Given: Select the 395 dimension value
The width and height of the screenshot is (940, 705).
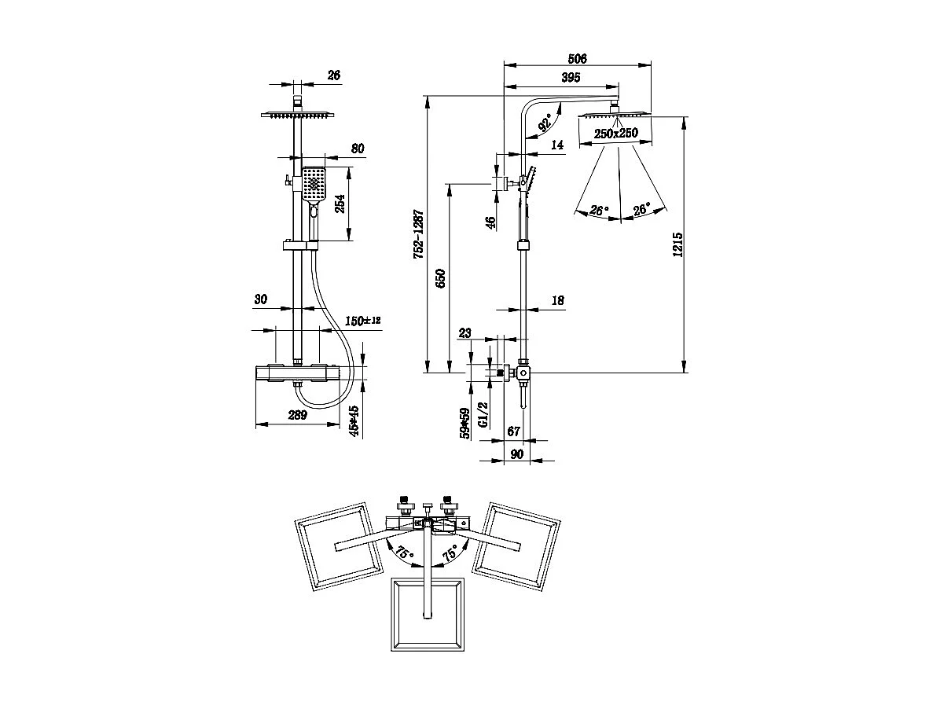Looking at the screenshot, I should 571,77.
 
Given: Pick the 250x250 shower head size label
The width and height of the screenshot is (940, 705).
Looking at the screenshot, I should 615,134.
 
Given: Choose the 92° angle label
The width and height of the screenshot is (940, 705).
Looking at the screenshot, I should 544,123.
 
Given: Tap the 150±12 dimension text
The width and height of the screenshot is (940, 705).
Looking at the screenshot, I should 363,321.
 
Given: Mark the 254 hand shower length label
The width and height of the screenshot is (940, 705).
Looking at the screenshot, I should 340,204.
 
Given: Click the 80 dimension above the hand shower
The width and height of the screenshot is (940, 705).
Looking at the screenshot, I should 336,149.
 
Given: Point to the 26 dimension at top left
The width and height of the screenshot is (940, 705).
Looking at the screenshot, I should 333,75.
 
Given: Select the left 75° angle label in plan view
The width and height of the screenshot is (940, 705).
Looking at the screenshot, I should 404,553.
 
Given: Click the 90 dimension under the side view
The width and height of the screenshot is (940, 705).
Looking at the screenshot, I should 516,453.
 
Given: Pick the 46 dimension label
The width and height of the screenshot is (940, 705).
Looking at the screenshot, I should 490,223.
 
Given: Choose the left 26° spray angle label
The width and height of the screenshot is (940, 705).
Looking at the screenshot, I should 600,211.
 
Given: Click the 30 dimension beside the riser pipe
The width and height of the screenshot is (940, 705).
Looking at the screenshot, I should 261,299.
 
